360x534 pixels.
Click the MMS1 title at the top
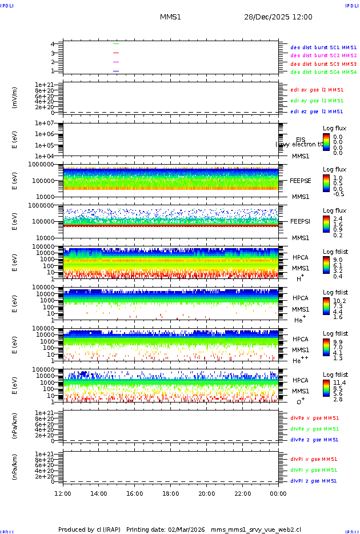[x=170, y=17]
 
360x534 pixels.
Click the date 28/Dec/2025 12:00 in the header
[x=278, y=17]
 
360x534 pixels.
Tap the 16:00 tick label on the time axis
[x=134, y=493]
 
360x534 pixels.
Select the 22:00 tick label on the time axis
[x=242, y=493]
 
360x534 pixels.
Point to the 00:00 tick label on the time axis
[x=278, y=493]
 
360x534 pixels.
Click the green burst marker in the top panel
[x=116, y=43]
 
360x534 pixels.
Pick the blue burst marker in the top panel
[x=116, y=71]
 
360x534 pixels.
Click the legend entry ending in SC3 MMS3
[x=323, y=64]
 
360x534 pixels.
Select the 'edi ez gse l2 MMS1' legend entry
[x=317, y=111]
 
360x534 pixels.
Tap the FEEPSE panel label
[x=301, y=181]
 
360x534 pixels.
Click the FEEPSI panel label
[x=301, y=221]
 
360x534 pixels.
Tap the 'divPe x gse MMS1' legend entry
[x=314, y=418]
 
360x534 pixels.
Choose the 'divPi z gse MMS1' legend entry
[x=314, y=481]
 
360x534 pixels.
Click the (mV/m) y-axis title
[x=15, y=98]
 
